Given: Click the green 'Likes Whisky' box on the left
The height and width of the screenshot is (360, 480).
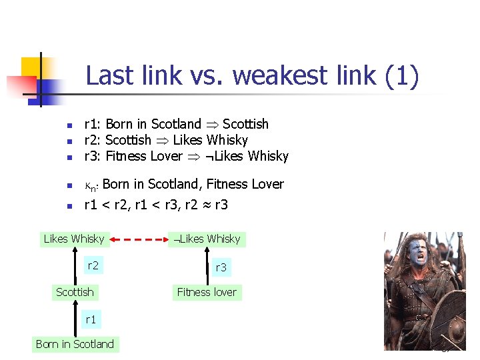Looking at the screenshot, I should point(74,239).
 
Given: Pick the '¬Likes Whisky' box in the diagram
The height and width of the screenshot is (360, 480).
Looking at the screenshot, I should point(207,239).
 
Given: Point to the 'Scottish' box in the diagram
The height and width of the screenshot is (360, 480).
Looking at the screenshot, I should point(75,292).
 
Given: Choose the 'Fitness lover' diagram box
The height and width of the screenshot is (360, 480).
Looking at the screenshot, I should point(207,292).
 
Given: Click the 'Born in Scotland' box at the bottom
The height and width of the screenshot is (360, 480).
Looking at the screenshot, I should point(75,344).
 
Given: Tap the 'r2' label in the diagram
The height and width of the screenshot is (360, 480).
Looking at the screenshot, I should point(93,266).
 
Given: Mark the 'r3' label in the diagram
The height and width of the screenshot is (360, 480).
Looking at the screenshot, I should point(221,267).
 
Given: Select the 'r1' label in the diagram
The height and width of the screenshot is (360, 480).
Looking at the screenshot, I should point(91,319).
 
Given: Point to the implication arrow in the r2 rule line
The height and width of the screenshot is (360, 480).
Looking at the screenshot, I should point(162,141).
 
